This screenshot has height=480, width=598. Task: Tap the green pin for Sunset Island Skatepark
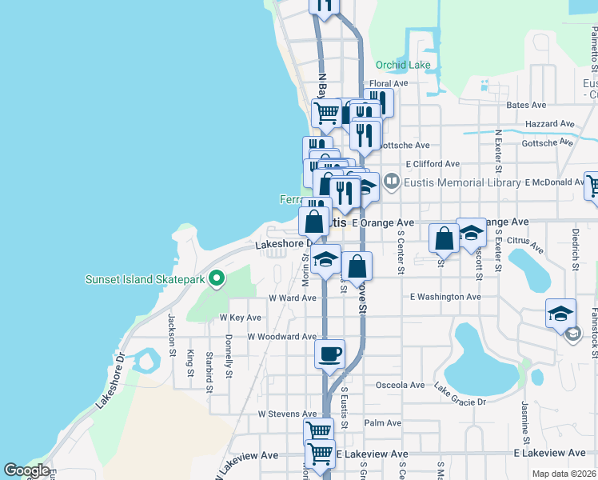coord(217,279)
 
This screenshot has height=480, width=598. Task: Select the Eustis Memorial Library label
coord(463,182)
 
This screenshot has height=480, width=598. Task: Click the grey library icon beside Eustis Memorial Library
coord(391,182)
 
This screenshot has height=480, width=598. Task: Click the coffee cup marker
coord(329,354)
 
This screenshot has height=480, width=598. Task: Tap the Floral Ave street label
coord(389,83)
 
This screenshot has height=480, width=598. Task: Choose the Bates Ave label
coord(526,105)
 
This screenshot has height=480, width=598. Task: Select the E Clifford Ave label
coord(432,163)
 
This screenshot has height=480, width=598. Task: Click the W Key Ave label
coord(241,318)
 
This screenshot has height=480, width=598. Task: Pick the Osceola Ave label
coord(400,385)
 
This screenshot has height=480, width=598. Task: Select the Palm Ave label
coord(382,422)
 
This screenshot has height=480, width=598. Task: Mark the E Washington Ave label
coord(445,297)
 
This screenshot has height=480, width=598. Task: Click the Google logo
coord(26,470)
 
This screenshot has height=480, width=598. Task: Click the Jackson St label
coord(171,330)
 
